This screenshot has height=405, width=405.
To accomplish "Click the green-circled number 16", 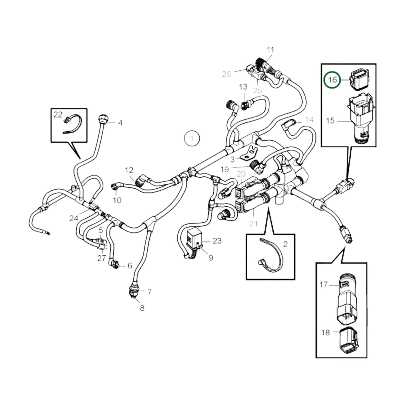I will pyautogui.click(x=332, y=80).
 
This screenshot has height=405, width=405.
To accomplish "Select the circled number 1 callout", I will pyautogui.click(x=192, y=138).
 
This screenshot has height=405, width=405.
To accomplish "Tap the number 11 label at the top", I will pyautogui.click(x=270, y=50).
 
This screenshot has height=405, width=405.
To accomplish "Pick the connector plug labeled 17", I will pyautogui.click(x=348, y=297).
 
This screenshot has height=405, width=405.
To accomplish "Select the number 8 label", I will pyautogui.click(x=142, y=308).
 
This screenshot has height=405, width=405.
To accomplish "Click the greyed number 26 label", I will pyautogui.click(x=226, y=74).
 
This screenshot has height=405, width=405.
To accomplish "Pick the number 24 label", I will pyautogui.click(x=74, y=218).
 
